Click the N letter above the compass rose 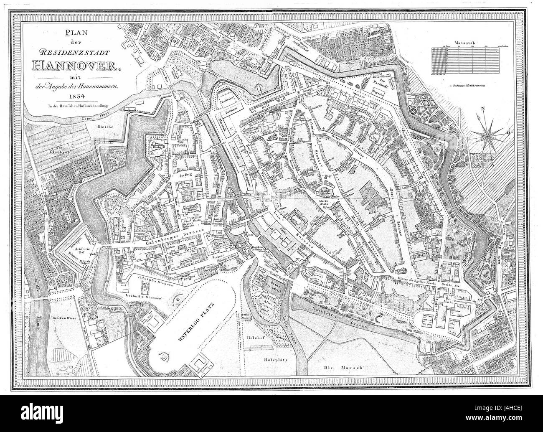coord(482,110)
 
